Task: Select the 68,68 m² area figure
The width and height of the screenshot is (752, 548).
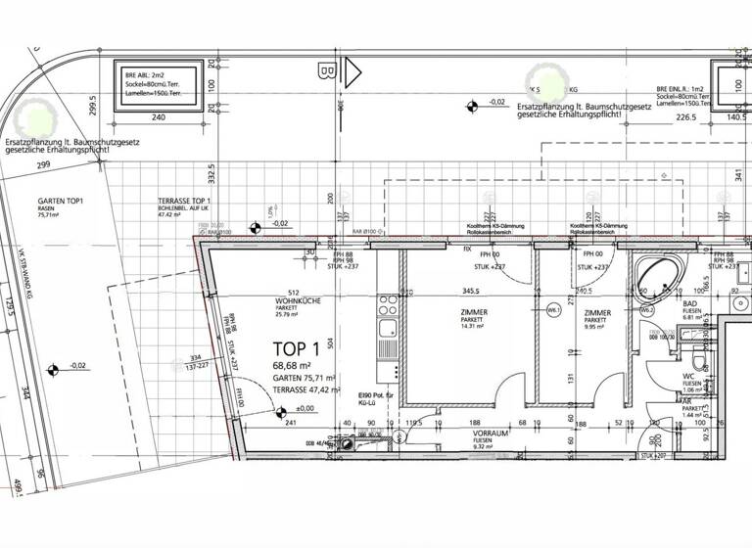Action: [295, 366]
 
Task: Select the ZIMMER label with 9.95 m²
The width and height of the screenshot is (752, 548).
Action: [597, 313]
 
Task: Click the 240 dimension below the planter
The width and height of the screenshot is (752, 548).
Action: [160, 116]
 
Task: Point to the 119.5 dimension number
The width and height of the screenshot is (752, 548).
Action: [413, 425]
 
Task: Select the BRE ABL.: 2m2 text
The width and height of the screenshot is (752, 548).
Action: [147, 74]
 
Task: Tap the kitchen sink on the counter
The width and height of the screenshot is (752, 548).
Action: [387, 328]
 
